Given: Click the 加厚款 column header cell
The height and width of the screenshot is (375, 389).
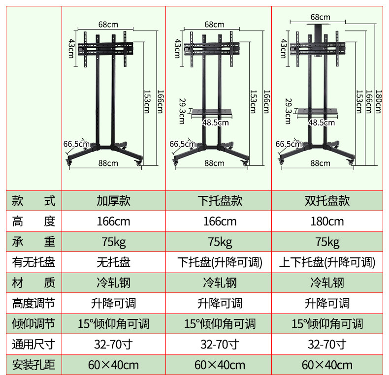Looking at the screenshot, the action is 113,200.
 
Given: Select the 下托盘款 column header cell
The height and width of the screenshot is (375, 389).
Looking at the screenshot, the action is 220,200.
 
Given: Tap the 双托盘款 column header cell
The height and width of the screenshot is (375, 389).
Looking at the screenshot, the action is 327,200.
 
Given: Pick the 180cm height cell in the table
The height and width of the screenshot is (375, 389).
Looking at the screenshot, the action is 327,221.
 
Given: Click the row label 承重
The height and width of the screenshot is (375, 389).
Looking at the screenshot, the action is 33,242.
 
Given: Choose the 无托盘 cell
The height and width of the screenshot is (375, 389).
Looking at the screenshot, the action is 113,262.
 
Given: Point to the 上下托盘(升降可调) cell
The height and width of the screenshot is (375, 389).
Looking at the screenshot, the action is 327,262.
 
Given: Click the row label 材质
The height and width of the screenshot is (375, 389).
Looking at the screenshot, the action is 33,282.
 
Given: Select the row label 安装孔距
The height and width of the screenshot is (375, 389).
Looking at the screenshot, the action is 33,365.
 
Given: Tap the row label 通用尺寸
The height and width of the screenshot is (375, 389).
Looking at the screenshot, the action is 33,344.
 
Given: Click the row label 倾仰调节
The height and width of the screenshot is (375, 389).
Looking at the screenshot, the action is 33,323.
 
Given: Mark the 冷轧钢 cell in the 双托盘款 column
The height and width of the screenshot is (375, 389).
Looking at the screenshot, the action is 327,282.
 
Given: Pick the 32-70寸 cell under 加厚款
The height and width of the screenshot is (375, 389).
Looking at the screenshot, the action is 113,344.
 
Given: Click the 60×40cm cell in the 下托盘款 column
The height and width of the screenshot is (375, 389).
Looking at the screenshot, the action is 220,365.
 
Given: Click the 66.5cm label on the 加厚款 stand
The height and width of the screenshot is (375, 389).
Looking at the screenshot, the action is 76,144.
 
